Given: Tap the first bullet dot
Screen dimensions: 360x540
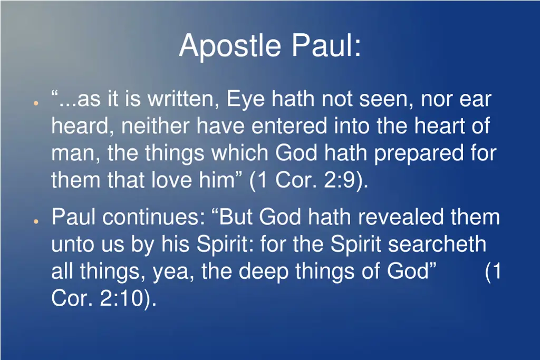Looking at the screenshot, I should pyautogui.click(x=34, y=103).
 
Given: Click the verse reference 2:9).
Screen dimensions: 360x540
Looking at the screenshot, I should pyautogui.click(x=345, y=181).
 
